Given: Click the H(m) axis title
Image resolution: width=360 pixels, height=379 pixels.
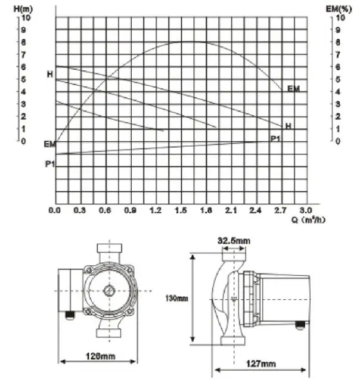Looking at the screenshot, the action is coord(23,9).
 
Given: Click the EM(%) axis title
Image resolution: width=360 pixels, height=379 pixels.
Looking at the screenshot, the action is coord(339,9).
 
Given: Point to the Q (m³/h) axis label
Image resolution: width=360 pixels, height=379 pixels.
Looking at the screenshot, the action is coord(308,220).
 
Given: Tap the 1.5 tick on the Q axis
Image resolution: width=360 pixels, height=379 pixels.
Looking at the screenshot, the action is coord(181,210).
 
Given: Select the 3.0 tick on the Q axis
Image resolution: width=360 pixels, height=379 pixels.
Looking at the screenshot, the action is coord(306,210).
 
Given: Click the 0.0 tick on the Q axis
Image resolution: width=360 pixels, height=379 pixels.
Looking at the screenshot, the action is coord(55,210).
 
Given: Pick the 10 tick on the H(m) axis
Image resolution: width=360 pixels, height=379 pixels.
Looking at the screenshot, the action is coord(26,18).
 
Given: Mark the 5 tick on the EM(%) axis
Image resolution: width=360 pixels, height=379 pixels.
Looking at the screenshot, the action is coord(338,79).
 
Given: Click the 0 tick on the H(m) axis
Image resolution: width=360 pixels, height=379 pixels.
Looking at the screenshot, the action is coord(23,141).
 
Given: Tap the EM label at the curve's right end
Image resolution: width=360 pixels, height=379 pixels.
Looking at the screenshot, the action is coord(293,89).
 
